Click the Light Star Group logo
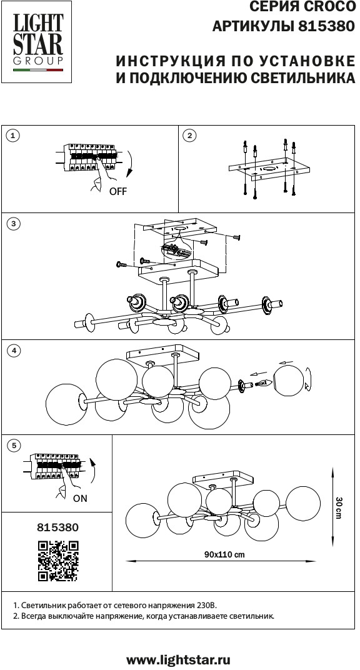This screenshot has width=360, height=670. [37, 42]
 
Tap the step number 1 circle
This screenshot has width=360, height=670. [14, 136]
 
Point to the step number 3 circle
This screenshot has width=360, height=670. [14, 224]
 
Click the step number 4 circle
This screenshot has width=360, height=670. [14, 351]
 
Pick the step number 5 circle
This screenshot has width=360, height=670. [14, 446]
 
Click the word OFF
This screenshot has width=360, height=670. [118, 191]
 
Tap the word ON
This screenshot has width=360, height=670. [80, 498]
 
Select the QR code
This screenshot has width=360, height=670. [59, 561]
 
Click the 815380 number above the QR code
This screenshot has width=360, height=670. [59, 527]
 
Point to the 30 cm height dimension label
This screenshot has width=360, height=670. [338, 507]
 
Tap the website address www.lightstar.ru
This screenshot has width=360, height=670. [179, 660]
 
